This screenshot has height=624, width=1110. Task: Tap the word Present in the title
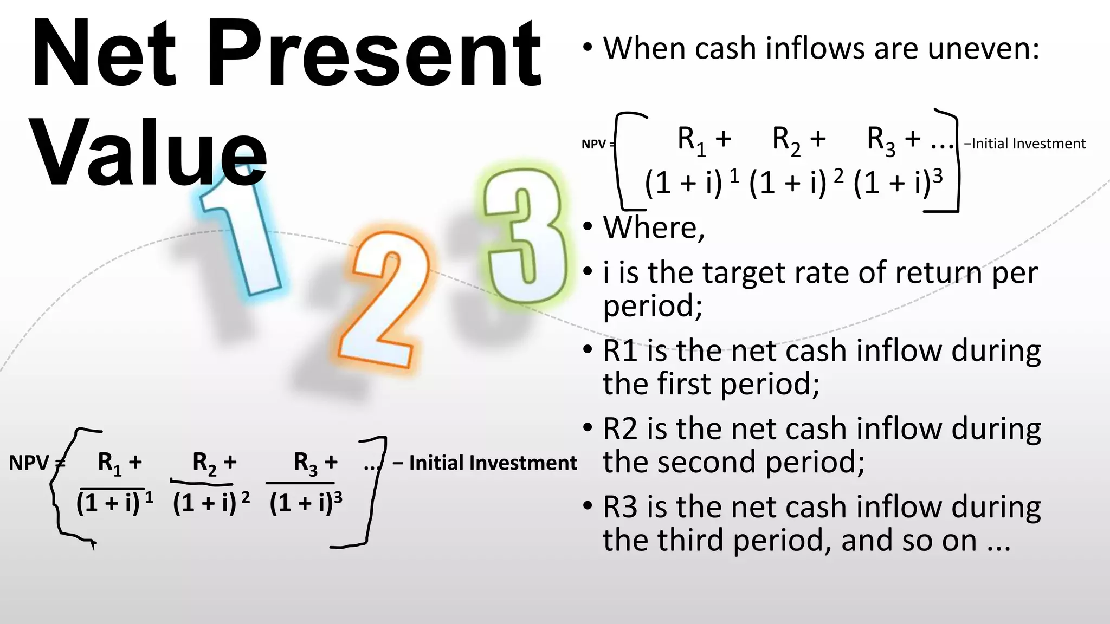point(374,54)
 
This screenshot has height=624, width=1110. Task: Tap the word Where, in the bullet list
point(654,227)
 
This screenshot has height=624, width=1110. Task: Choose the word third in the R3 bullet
point(690,540)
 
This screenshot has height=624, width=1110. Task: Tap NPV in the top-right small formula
point(593,144)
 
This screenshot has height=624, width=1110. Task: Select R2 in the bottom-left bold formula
point(204,464)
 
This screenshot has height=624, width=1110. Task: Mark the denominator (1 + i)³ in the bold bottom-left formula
point(305,503)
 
